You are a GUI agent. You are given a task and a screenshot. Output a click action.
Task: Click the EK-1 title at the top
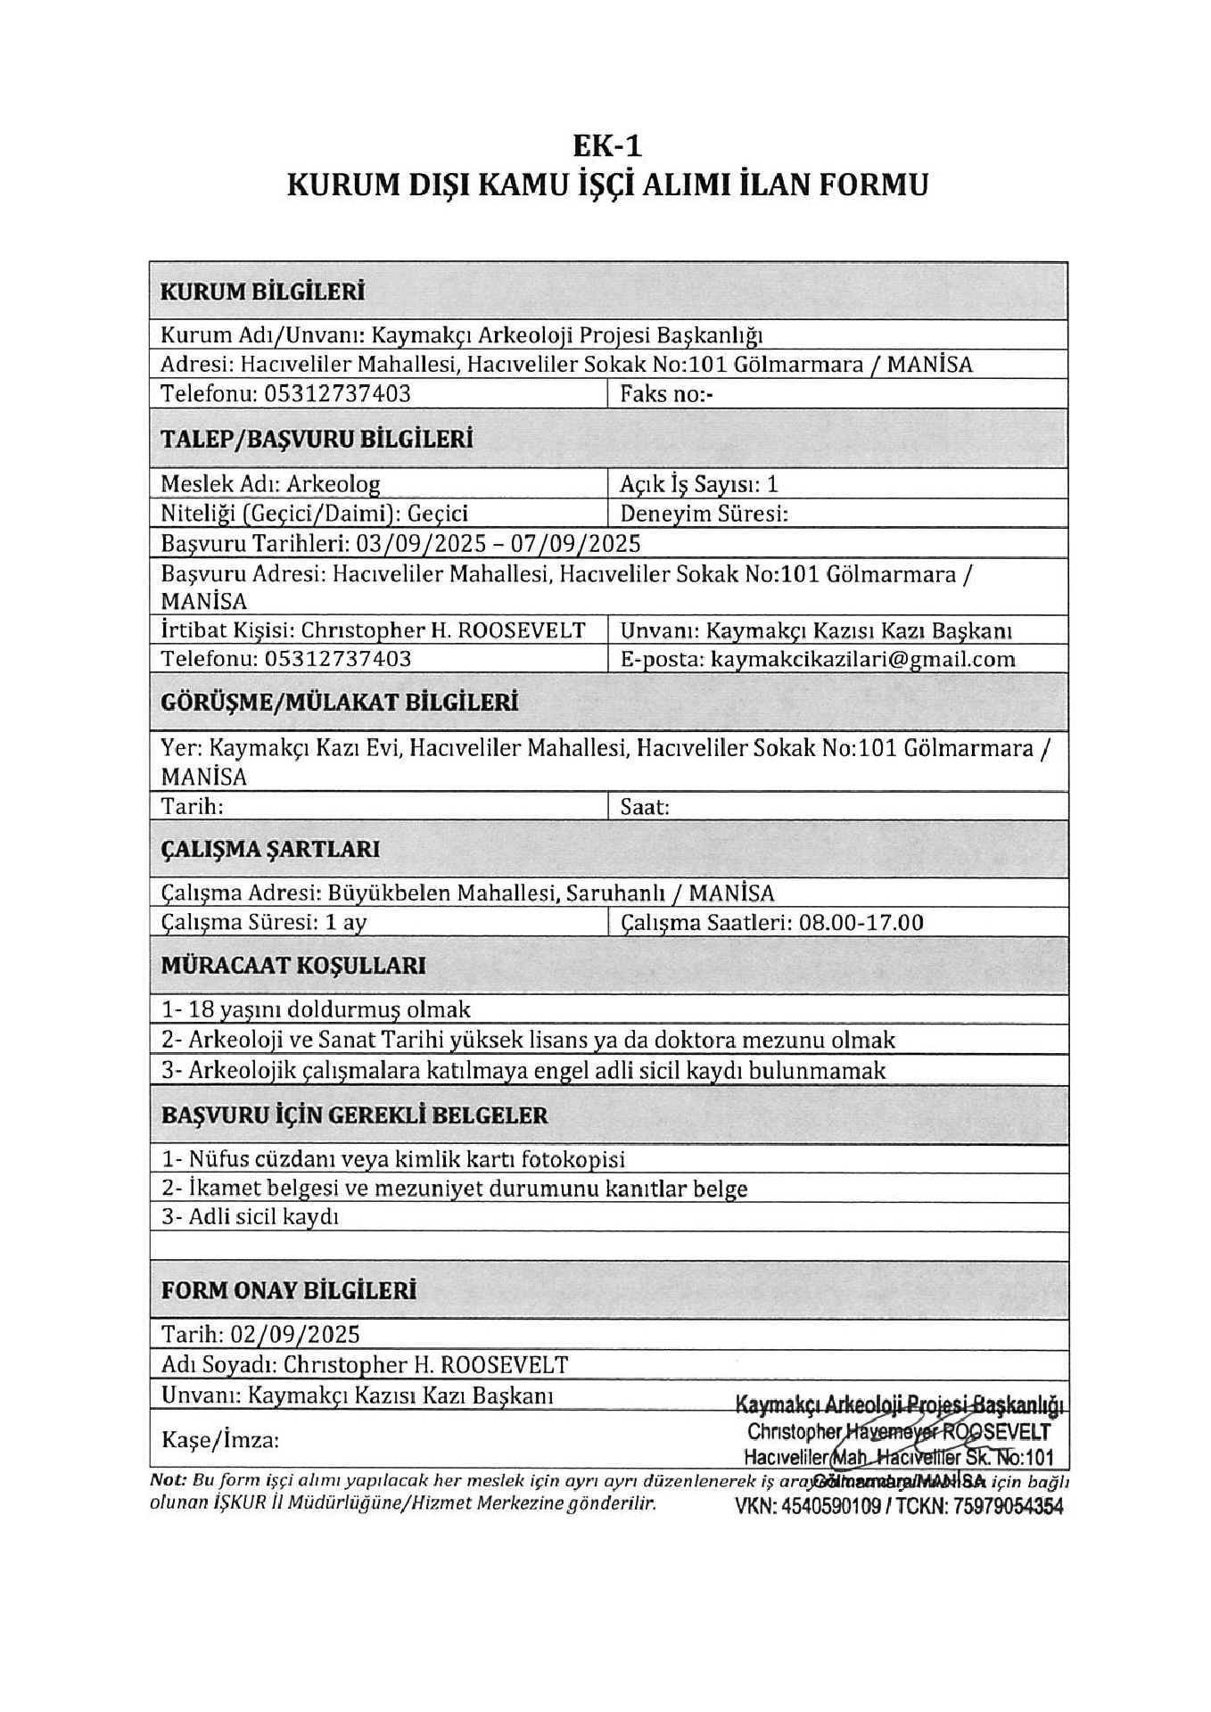pos(606,144)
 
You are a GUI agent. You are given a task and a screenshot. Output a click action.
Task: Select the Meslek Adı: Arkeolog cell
pos(270,484)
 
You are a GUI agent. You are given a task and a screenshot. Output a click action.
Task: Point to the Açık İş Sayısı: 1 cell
pos(699,484)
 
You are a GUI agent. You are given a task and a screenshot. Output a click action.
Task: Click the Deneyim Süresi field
pos(704,514)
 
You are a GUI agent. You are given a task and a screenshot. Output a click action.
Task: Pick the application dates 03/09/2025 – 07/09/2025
pos(498,543)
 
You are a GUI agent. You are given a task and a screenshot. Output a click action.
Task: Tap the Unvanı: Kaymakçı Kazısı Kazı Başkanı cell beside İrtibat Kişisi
pos(815,630)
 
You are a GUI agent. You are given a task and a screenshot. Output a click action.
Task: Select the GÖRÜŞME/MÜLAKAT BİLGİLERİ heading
pos(339,703)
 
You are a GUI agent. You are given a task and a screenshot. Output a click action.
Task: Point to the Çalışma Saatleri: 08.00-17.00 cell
pos(771,922)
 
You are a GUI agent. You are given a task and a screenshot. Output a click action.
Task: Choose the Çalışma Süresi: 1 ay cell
pos(264,922)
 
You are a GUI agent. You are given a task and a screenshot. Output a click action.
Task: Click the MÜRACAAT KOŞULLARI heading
pos(293,966)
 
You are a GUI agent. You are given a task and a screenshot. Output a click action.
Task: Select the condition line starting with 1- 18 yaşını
pos(316,1009)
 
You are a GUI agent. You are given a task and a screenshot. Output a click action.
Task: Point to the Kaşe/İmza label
pos(220,1440)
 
